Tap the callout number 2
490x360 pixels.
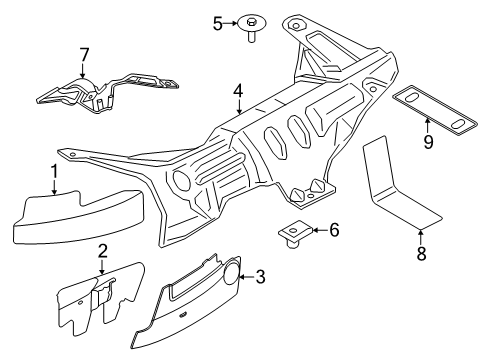(x=102, y=251)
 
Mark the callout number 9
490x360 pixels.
(x=427, y=141)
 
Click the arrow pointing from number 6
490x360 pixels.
(x=317, y=231)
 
